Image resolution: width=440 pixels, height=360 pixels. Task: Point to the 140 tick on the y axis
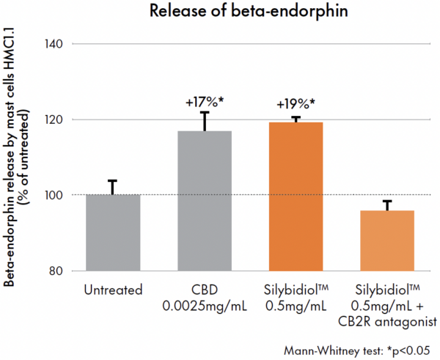coord(60,43)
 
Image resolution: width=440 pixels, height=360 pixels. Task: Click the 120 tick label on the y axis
coord(60,120)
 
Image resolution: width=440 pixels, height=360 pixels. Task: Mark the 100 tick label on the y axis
coord(60,195)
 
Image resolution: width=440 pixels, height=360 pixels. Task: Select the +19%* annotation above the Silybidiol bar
coord(296,103)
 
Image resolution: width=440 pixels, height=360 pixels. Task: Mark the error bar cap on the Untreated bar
coord(112,181)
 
